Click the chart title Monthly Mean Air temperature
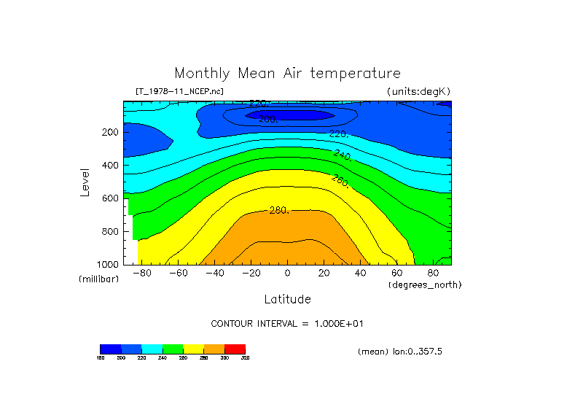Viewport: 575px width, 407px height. click(287, 74)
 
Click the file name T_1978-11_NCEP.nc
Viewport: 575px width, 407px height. click(179, 91)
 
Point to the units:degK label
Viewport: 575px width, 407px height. click(418, 91)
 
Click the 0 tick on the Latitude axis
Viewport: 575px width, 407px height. click(287, 274)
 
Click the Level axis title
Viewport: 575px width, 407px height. click(86, 182)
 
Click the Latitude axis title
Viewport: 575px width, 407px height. click(287, 299)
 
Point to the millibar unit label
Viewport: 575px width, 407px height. click(98, 279)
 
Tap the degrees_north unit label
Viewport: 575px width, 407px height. click(425, 284)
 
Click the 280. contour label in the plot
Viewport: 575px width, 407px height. click(279, 210)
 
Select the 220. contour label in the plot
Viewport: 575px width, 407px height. click(337, 134)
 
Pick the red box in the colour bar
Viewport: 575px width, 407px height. click(235, 349)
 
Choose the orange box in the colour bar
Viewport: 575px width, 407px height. click(214, 349)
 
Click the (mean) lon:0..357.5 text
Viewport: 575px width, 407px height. click(400, 352)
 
